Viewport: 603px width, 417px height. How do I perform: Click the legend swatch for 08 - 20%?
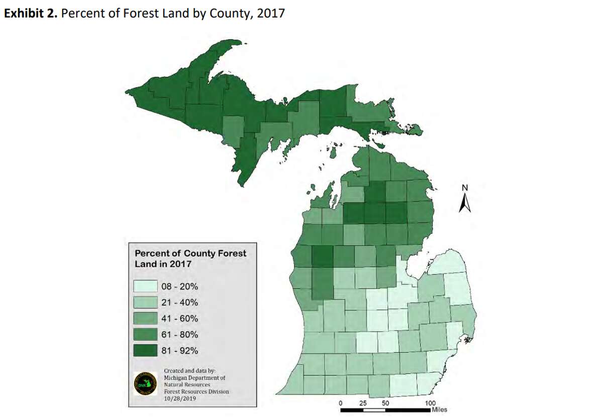(x=145, y=287)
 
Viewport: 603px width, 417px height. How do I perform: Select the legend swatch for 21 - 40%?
(x=145, y=303)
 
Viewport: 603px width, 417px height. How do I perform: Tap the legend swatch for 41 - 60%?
(x=145, y=319)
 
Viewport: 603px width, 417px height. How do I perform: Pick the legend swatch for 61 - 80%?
(x=145, y=335)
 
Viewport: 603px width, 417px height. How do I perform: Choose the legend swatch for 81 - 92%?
(x=145, y=350)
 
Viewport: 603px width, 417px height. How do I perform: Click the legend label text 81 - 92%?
(x=179, y=350)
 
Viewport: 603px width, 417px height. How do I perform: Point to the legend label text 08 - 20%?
(x=179, y=287)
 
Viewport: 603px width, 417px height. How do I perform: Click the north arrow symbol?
(x=465, y=203)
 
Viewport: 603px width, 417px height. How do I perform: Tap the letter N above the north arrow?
(x=465, y=188)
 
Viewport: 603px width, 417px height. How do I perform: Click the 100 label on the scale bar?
(x=430, y=403)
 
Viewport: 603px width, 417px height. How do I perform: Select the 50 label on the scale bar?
(x=385, y=403)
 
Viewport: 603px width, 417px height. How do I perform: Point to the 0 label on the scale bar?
(x=341, y=403)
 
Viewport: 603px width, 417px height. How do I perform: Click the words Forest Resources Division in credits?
(x=196, y=391)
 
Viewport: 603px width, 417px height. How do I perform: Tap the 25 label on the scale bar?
(x=363, y=403)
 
